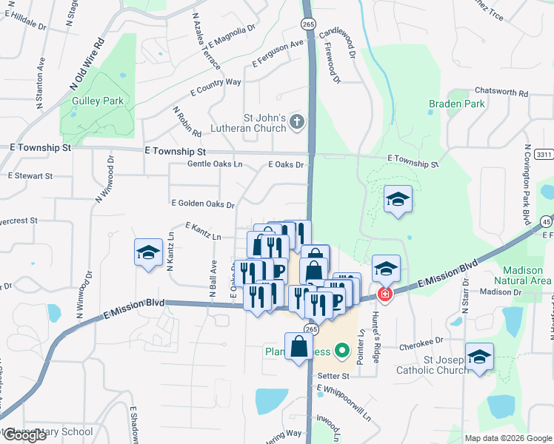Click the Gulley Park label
(x=97, y=101)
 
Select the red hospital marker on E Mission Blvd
(x=384, y=295)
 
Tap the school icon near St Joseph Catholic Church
(x=479, y=357)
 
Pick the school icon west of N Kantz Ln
(x=148, y=253)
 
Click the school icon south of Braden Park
(x=398, y=200)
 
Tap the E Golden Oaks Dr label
(x=203, y=203)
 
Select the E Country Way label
(x=216, y=87)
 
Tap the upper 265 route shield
(x=308, y=24)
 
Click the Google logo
(x=24, y=435)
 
